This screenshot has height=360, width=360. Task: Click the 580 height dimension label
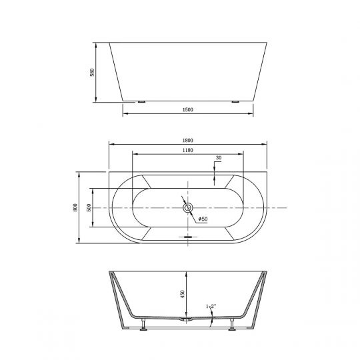pyautogui.click(x=92, y=72)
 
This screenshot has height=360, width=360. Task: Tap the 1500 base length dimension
pyautogui.click(x=188, y=109)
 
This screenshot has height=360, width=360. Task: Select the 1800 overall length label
pyautogui.click(x=188, y=140)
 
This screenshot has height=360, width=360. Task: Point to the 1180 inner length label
pyautogui.click(x=188, y=150)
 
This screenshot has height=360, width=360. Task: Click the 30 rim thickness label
pyautogui.click(x=219, y=158)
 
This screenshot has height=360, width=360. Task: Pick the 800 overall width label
pyautogui.click(x=75, y=207)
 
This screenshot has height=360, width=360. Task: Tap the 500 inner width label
pyautogui.click(x=89, y=207)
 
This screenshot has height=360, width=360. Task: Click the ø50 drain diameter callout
pyautogui.click(x=203, y=219)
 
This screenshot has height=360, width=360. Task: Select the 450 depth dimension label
pyautogui.click(x=183, y=294)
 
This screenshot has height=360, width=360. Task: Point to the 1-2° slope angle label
pyautogui.click(x=211, y=306)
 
